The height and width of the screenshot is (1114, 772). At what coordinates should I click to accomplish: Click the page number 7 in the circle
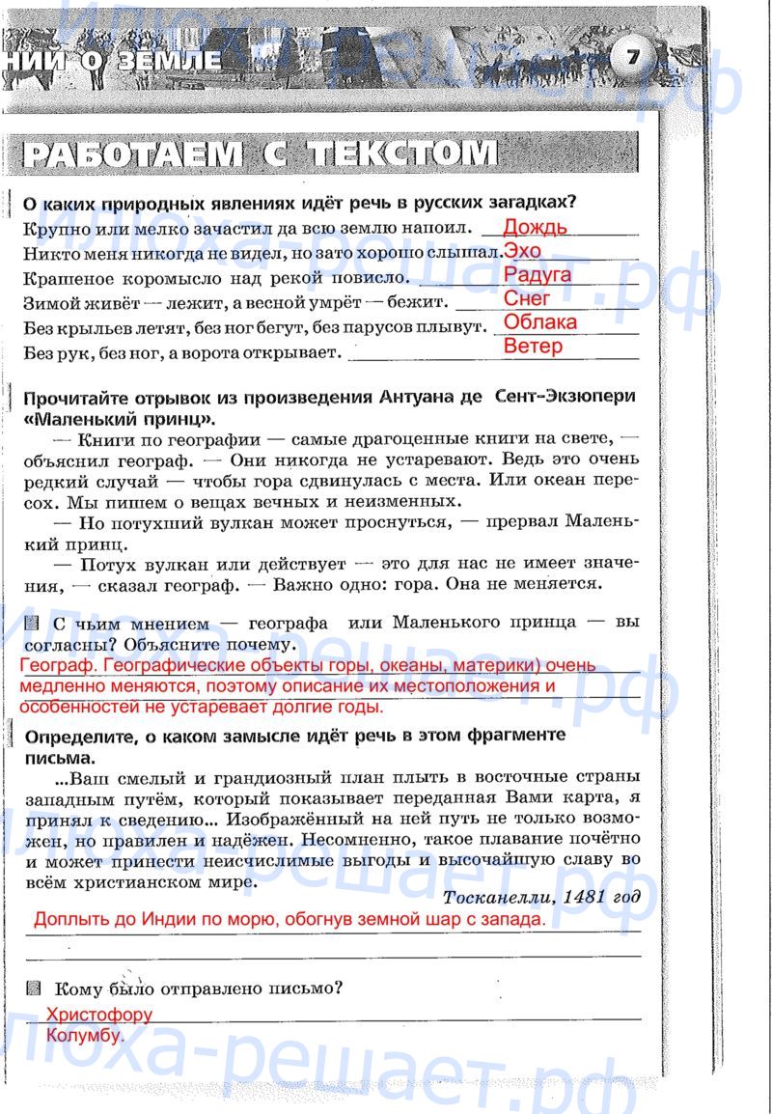point(632,57)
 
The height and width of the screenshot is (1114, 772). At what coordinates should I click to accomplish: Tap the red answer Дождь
point(536,228)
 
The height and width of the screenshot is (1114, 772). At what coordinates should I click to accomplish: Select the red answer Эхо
point(523,251)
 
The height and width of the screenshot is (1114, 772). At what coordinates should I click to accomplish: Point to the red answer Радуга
point(538,275)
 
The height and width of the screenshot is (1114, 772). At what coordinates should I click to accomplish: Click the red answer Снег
point(528,298)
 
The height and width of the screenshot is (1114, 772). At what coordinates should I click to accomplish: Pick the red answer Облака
point(540,322)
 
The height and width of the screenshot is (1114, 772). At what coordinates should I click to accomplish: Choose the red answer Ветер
point(533,346)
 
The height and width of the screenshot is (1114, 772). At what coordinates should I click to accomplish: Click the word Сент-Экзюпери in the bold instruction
point(565,398)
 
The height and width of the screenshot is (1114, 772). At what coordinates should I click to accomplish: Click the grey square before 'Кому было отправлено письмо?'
point(36,988)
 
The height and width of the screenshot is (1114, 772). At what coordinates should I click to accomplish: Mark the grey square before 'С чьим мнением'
point(35,623)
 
